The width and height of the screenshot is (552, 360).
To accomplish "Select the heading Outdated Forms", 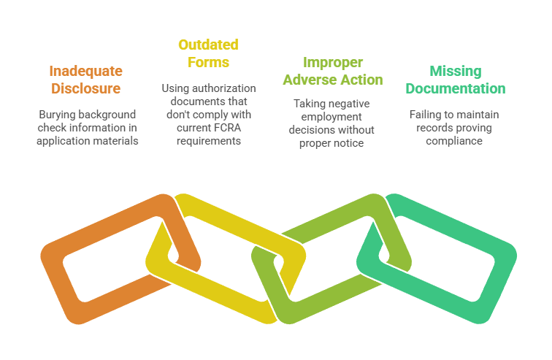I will click(x=208, y=53).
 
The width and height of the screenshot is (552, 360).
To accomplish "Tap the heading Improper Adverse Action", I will click(x=332, y=71).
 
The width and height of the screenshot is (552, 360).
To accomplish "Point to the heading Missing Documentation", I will click(x=455, y=80).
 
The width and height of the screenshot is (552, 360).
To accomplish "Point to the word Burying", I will click(x=55, y=114).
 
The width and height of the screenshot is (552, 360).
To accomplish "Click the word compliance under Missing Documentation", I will click(x=455, y=140).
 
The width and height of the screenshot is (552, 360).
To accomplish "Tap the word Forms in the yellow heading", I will click(x=208, y=61).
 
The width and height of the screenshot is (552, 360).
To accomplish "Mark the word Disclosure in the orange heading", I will click(x=85, y=88).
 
